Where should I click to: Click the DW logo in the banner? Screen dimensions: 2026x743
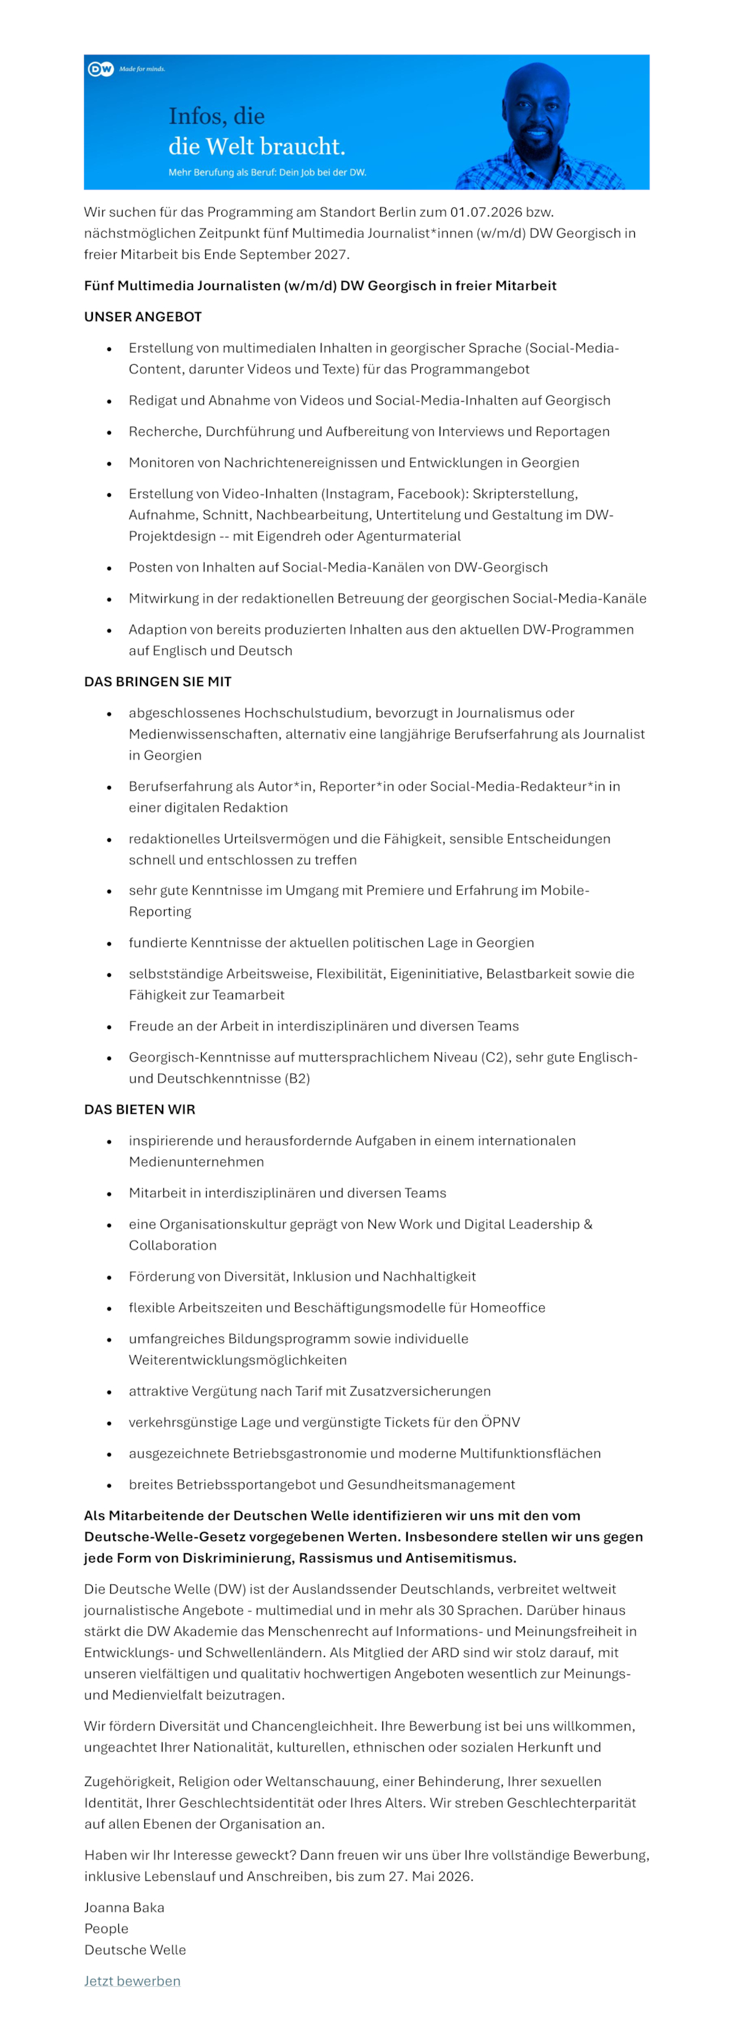101,69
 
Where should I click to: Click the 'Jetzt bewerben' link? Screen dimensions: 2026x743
132,1980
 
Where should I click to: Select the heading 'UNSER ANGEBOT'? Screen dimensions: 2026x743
142,317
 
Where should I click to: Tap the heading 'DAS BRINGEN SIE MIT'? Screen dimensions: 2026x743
157,682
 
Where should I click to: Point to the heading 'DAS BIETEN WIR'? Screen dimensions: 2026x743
139,1109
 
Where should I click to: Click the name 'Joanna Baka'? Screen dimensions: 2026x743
124,1907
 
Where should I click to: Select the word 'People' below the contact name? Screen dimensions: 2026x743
106,1929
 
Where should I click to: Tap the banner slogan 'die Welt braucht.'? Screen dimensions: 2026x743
257,146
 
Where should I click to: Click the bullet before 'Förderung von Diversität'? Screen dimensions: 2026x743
110,1277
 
